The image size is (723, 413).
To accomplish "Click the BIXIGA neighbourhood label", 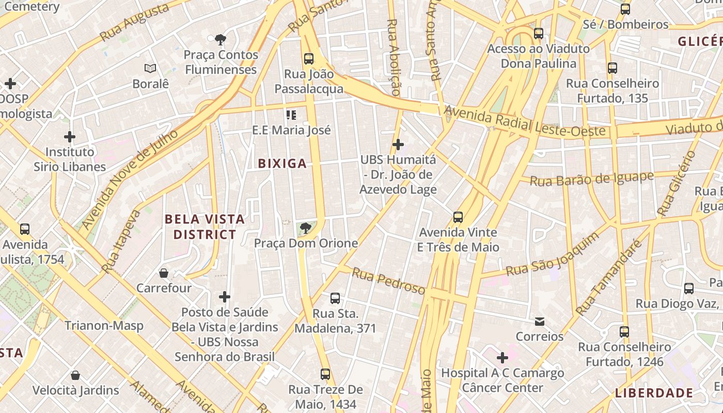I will tap(282, 164).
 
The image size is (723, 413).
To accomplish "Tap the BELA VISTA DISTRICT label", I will tap(205, 227).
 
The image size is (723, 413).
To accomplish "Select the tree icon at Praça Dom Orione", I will tap(306, 228).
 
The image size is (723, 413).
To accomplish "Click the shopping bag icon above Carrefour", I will tap(164, 273).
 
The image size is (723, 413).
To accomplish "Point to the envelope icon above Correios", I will tap(539, 322).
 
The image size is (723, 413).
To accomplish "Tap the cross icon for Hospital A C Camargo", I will tap(502, 357).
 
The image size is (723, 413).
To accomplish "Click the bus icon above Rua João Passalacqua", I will tap(309, 59).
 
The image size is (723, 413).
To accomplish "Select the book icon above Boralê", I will tap(150, 68).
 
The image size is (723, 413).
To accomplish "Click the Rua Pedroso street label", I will tap(388, 280).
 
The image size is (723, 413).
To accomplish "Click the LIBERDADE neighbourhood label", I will tap(654, 393).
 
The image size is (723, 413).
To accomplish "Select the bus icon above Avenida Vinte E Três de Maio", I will tap(458, 217).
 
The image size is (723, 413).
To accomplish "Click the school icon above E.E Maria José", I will tap(291, 115).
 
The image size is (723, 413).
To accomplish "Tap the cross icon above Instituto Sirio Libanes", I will tap(70, 137).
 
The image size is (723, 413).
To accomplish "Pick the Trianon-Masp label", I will tap(104, 326).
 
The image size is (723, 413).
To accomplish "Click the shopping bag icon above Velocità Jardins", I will tap(75, 375).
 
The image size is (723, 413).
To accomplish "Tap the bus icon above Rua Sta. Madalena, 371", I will tap(335, 298).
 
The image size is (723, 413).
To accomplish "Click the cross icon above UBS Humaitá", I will tap(398, 145).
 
